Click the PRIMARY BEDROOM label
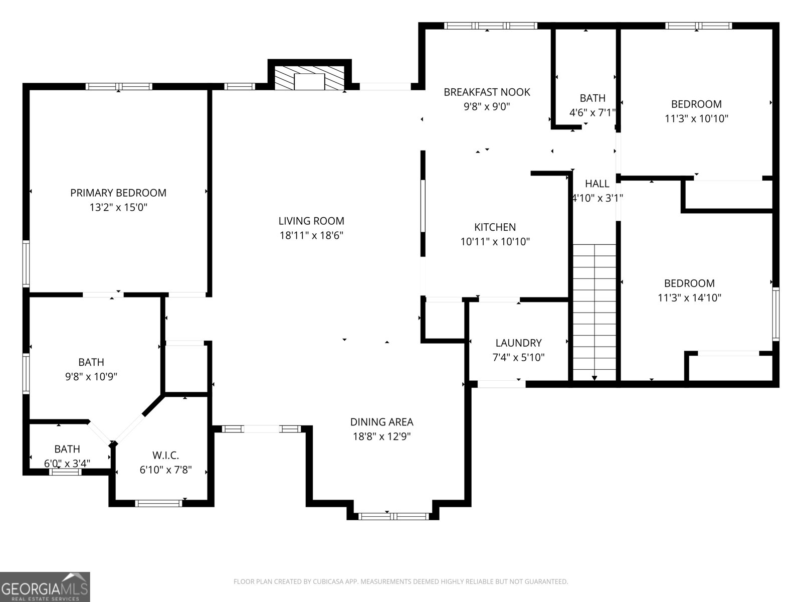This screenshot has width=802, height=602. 118,193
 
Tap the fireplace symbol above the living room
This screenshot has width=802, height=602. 310,78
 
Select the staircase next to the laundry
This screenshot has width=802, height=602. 594,311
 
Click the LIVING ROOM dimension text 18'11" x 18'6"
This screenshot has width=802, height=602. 311,235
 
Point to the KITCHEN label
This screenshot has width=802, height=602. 495,227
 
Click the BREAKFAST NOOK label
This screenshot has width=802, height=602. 487,92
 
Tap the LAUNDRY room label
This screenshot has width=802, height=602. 518,343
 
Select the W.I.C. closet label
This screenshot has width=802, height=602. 165,456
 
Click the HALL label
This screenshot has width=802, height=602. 597,184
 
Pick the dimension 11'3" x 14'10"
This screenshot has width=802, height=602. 689,298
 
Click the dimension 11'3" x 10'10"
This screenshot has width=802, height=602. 696,119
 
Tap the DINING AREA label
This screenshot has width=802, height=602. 381,422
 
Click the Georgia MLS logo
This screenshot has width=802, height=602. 45,587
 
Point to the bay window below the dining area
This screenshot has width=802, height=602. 394,516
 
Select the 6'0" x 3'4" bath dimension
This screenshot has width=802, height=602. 67,464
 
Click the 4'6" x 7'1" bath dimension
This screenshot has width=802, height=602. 592,113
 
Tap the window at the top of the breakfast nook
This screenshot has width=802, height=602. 490,26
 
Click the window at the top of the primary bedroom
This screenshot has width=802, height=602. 119,86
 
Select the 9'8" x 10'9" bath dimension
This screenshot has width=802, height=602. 91,377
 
